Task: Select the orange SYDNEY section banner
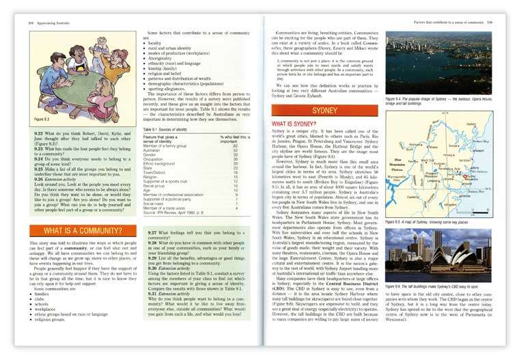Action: tap(320, 109)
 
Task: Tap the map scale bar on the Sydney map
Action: tap(481, 208)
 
